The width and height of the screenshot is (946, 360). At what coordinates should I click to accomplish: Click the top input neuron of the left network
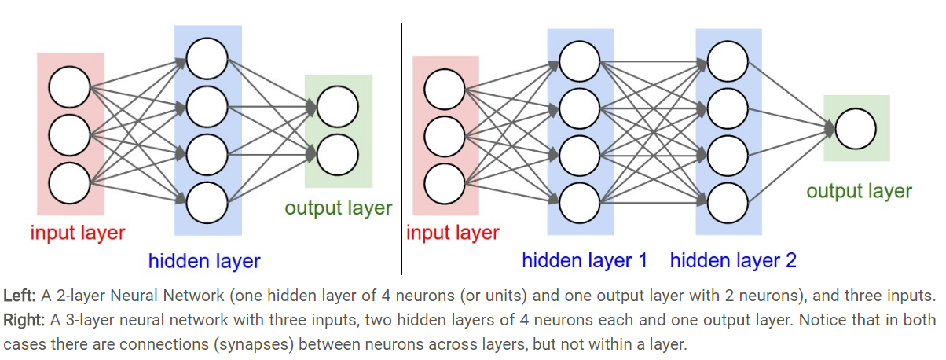(x=69, y=87)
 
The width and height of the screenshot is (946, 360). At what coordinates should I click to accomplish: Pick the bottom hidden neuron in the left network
(x=207, y=203)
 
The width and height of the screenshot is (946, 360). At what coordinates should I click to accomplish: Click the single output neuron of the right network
(x=856, y=129)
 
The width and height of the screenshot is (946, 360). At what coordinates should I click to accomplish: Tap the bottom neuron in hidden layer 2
(x=728, y=201)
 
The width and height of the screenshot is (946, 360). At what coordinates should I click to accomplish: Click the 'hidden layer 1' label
(x=585, y=261)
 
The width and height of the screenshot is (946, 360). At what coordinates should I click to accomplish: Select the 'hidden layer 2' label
(x=733, y=261)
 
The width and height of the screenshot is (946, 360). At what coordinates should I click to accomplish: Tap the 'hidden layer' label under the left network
(x=204, y=261)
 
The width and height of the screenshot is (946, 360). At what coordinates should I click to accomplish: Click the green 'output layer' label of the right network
(x=859, y=191)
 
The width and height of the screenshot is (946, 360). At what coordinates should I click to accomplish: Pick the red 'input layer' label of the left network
(x=78, y=233)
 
